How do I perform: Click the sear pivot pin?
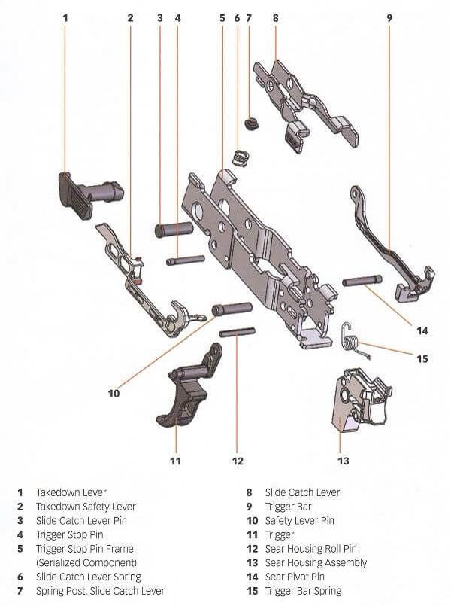pyautogui.click(x=362, y=281)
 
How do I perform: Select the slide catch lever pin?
pyautogui.click(x=175, y=228)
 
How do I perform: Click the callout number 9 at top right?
pyautogui.click(x=389, y=17)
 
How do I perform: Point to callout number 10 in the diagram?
pyautogui.click(x=114, y=392)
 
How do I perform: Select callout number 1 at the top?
pyautogui.click(x=65, y=17)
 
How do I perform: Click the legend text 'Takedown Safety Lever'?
pyautogui.click(x=86, y=507)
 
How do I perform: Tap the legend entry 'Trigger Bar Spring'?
pyautogui.click(x=303, y=591)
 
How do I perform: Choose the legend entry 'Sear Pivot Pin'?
pyautogui.click(x=295, y=577)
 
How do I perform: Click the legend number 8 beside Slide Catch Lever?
pyautogui.click(x=250, y=492)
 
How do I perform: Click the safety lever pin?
pyautogui.click(x=232, y=309)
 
